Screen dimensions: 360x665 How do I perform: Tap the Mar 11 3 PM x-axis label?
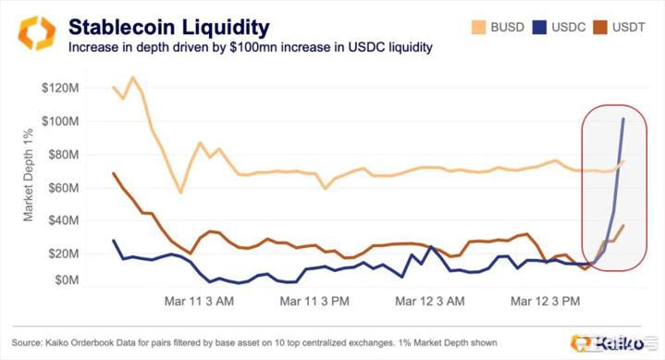(x=314, y=301)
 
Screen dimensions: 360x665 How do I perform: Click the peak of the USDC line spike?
(x=622, y=118)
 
